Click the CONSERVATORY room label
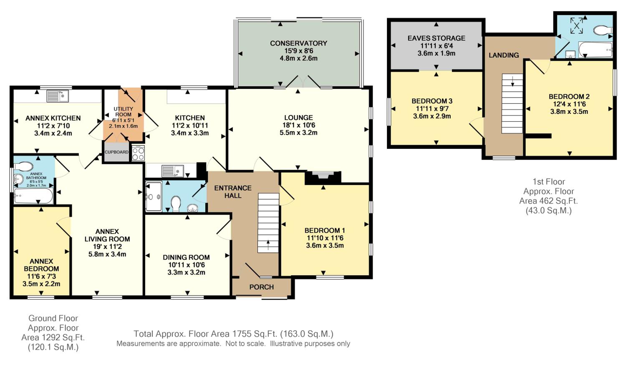298,43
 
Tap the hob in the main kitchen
138,153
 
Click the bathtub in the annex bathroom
33,196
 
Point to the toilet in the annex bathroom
23,167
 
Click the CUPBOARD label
116,152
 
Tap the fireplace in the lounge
323,177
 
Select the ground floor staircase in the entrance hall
268,223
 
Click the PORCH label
262,287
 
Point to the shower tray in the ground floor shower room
154,196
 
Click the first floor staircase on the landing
512,103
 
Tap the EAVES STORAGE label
436,38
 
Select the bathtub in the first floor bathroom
596,50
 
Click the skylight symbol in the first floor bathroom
576,26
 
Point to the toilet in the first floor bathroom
603,30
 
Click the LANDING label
504,55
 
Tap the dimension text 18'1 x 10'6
298,125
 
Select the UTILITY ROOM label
123,112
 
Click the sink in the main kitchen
172,171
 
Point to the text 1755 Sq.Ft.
255,334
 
